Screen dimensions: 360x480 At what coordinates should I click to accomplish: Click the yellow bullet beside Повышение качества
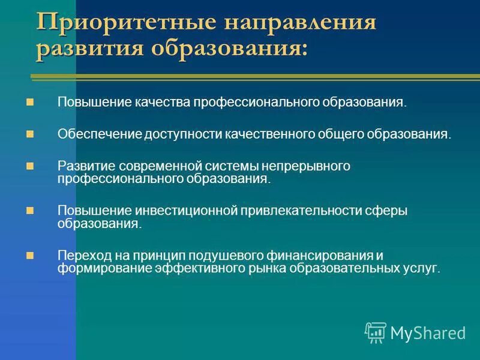[x=31, y=102]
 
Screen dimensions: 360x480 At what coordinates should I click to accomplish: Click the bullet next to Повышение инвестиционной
[x=31, y=211]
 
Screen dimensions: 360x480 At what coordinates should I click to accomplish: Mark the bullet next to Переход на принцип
[x=31, y=255]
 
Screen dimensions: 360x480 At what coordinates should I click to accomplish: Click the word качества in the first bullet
[x=166, y=102]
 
